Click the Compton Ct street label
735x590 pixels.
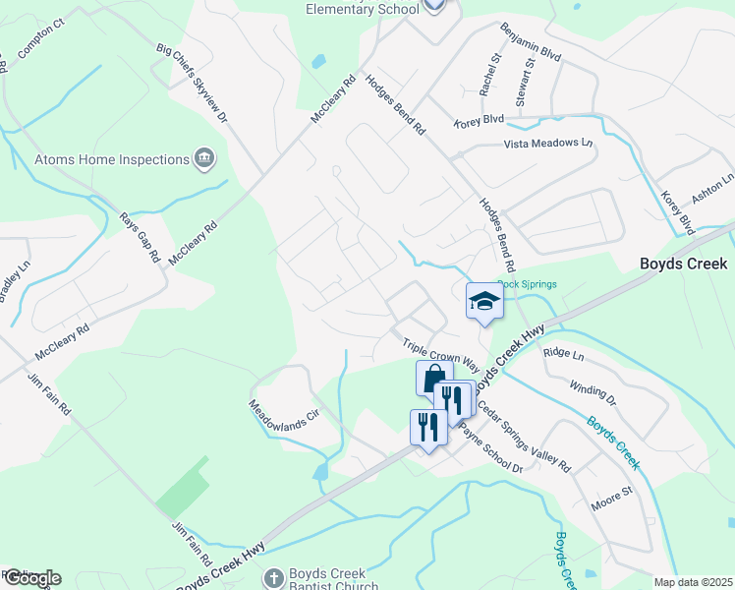[40, 36]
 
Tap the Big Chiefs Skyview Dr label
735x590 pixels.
[192, 83]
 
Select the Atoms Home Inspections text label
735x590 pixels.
[112, 159]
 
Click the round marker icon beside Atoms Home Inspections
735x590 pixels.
[204, 157]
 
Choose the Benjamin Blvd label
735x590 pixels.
[531, 43]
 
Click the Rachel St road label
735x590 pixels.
[490, 75]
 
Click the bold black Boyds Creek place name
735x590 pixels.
[683, 264]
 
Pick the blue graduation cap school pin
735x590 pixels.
[483, 300]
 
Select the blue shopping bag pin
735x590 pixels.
[433, 377]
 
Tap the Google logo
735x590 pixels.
[31, 578]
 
